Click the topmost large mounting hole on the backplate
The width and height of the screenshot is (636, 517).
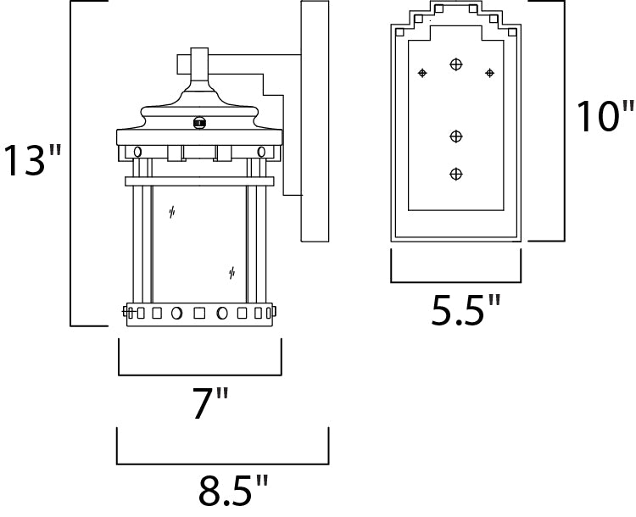click(x=456, y=64)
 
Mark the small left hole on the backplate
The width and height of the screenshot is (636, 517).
click(x=421, y=74)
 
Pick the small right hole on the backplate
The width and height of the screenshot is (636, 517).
click(x=489, y=74)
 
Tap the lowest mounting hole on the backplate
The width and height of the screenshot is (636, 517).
click(x=456, y=174)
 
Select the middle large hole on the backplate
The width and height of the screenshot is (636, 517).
click(x=456, y=136)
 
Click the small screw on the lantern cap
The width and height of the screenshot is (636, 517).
click(x=200, y=123)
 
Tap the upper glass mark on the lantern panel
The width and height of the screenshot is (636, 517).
click(x=172, y=213)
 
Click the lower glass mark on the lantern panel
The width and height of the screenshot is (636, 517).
click(x=232, y=272)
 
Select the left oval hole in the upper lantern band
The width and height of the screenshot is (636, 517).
click(x=137, y=151)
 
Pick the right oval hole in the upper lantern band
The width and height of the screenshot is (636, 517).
click(x=261, y=151)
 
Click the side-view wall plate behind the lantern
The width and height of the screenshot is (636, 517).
click(x=315, y=123)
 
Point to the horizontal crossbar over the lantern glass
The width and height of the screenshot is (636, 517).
click(x=199, y=181)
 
